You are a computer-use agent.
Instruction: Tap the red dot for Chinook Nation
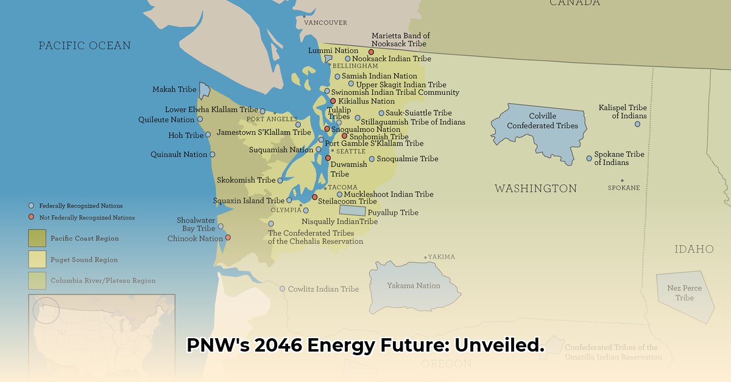pos(228,237)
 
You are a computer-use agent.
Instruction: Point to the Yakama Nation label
pos(413,285)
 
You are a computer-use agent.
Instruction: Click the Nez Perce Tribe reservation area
pos(685,295)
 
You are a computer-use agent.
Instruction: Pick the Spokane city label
pos(624,188)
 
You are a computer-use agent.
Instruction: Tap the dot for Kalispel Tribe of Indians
pos(638,124)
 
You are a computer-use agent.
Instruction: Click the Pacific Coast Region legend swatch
pos(37,238)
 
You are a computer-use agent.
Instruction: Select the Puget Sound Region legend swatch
pos(37,260)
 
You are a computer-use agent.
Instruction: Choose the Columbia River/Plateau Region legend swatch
pos(37,280)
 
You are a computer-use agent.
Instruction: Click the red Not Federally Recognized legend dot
pos(32,217)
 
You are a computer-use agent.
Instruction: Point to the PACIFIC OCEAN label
pos(85,46)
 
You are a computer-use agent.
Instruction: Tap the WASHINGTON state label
pos(535,189)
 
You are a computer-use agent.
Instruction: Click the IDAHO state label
pos(694,249)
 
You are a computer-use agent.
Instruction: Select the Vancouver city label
pos(325,23)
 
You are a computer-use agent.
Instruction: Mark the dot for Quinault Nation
pos(213,155)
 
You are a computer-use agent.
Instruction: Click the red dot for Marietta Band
pos(371,52)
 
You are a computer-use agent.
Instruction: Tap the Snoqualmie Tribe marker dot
pos(372,159)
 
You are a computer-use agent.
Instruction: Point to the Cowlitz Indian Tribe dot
pos(282,289)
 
